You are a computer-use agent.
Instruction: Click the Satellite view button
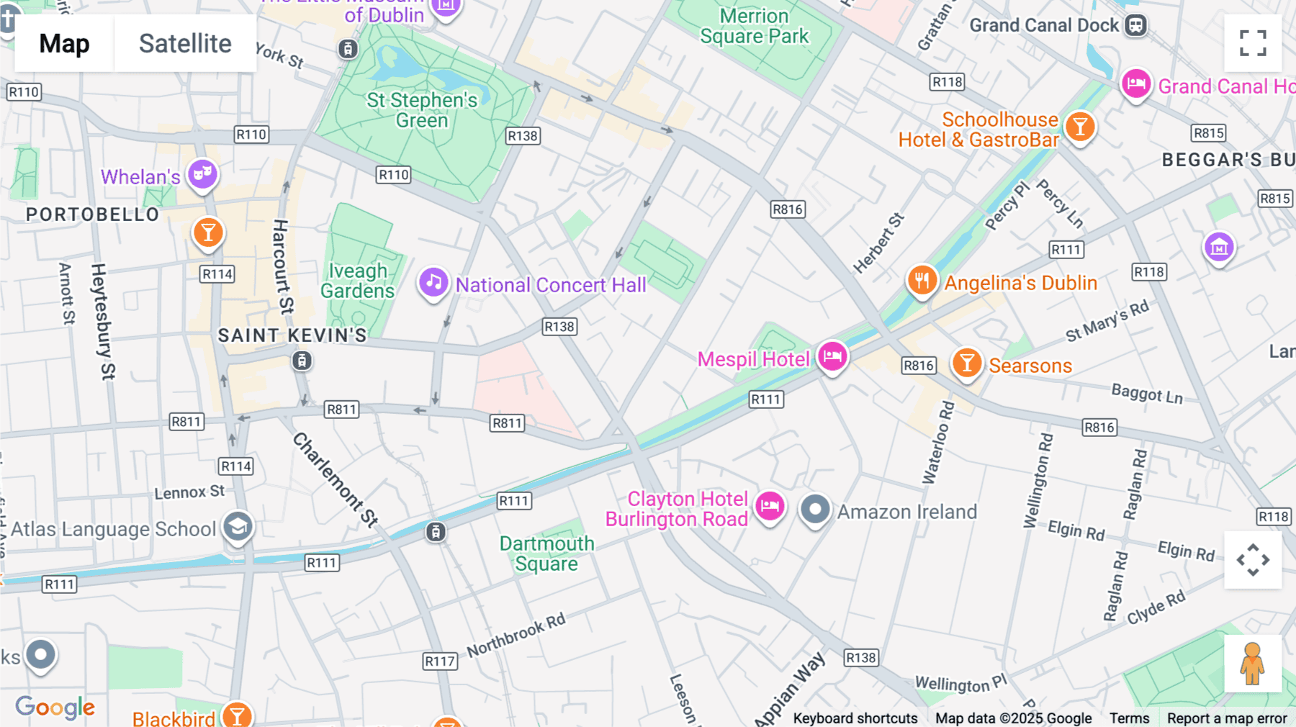point(185,43)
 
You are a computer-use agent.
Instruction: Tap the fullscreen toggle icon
point(1253,43)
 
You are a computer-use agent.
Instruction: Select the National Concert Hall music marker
point(433,283)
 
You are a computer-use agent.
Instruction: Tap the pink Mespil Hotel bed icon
point(832,356)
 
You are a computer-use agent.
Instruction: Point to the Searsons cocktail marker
point(967,363)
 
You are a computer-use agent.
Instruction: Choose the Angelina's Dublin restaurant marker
point(922,281)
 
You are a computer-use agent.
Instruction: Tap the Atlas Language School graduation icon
point(238,528)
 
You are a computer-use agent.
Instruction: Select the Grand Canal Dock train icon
point(1135,25)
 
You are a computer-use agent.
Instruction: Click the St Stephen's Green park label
point(422,110)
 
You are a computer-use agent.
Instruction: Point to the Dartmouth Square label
point(547,554)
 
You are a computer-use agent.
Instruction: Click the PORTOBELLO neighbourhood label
point(92,215)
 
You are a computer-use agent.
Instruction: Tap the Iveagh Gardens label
point(358,281)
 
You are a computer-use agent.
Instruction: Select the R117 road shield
point(439,661)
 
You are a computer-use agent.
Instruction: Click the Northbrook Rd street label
point(516,636)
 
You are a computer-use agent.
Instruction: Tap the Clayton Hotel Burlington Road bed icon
point(770,507)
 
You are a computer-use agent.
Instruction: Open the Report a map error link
point(1226,718)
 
